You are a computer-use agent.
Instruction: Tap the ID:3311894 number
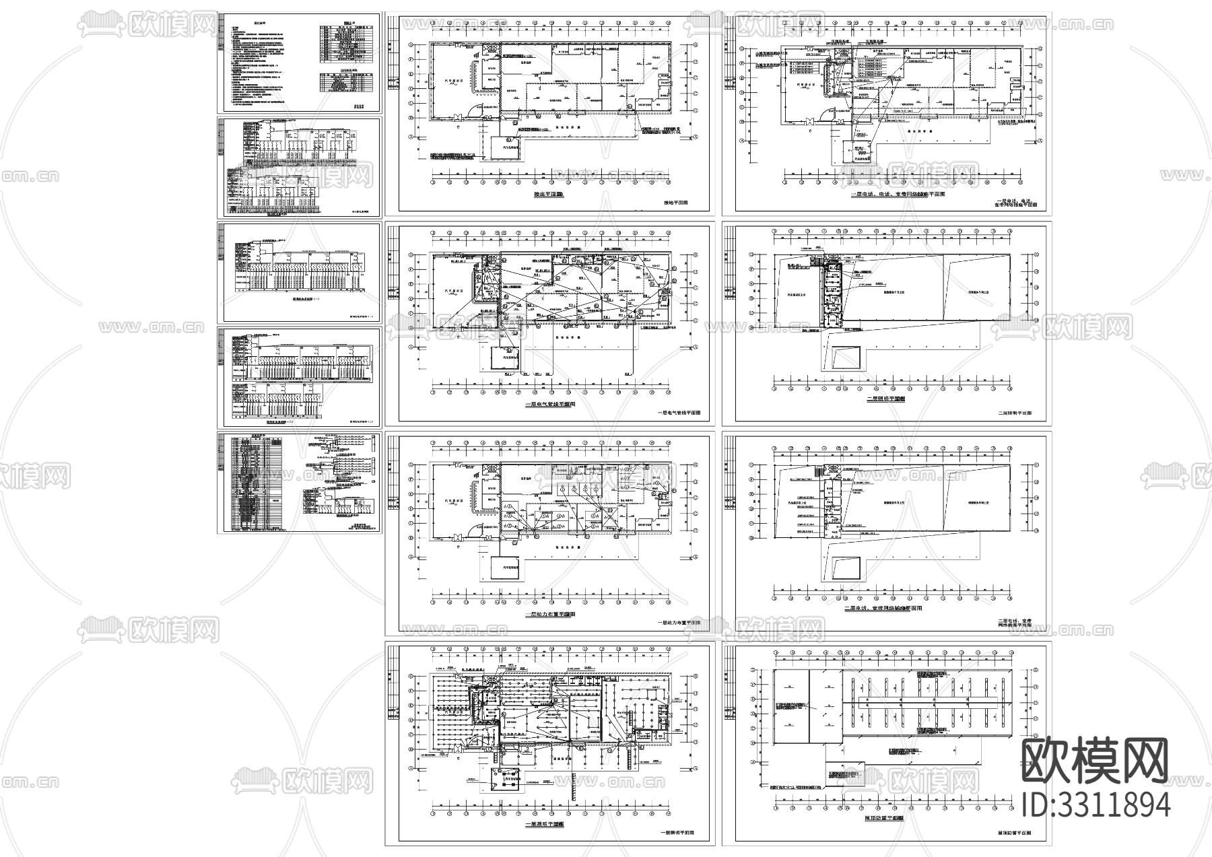(x=1096, y=804)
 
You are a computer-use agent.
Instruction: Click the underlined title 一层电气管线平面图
(x=549, y=405)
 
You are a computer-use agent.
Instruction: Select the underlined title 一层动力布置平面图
(x=549, y=615)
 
